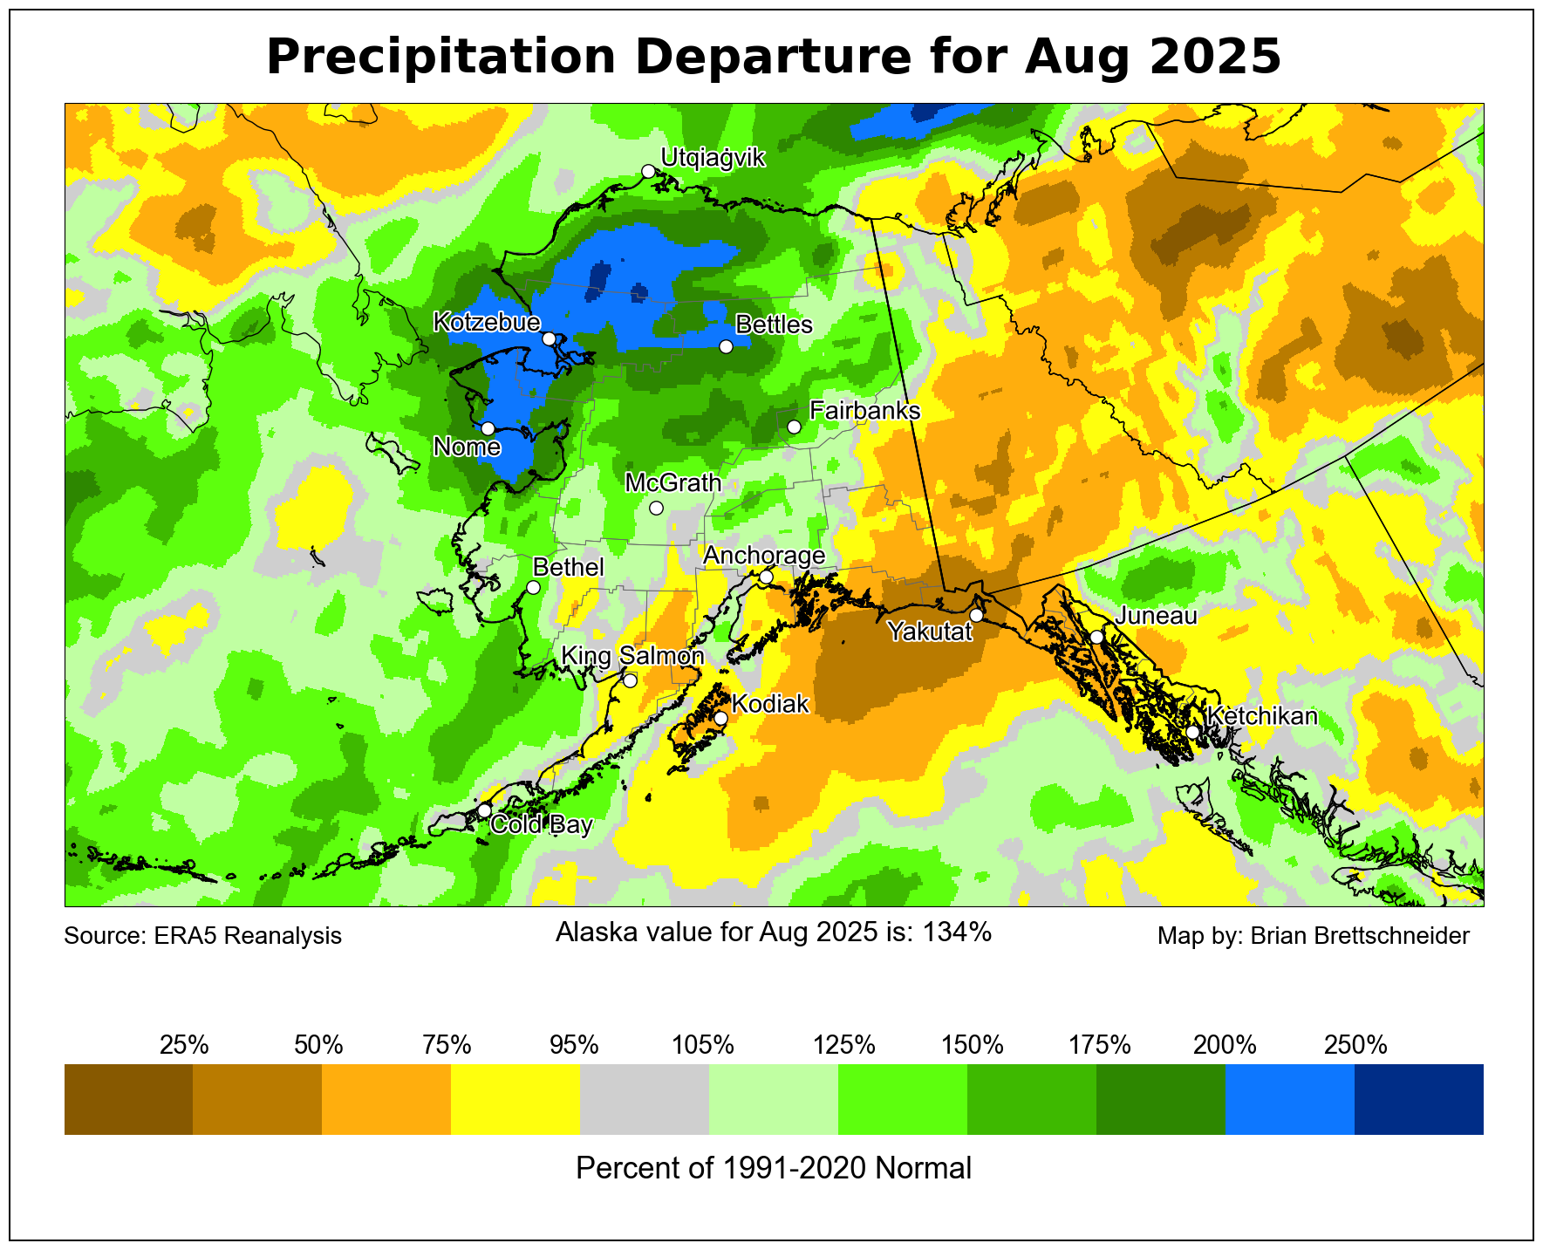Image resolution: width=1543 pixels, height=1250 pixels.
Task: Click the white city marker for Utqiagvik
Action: [x=648, y=171]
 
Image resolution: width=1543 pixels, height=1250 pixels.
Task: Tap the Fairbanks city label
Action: [x=864, y=410]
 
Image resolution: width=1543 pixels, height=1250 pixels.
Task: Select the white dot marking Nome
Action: [x=488, y=428]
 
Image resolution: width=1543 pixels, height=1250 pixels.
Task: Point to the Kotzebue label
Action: [x=487, y=323]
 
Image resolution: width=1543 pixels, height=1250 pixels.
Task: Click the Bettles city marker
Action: [x=726, y=346]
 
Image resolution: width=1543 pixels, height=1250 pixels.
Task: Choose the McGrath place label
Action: [x=673, y=482]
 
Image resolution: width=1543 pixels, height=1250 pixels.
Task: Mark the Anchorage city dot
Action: [x=766, y=577]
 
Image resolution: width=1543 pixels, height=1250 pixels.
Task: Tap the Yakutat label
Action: [x=930, y=632]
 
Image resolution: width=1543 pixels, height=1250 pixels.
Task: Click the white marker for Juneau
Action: [x=1096, y=637]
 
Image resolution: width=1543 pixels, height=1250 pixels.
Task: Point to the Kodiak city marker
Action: [x=720, y=718]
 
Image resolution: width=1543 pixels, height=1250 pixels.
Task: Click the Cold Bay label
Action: [x=542, y=825]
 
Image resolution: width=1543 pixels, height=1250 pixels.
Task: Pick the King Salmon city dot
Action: [x=630, y=680]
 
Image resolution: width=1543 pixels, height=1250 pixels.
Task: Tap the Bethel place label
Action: [x=568, y=567]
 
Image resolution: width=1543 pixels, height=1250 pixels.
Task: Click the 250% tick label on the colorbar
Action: [x=1355, y=1044]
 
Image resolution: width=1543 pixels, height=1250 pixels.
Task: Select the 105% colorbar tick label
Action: [x=703, y=1044]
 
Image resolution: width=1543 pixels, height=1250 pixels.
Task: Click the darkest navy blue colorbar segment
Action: [x=1418, y=1098]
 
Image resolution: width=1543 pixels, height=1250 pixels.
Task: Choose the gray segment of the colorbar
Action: [x=645, y=1098]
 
